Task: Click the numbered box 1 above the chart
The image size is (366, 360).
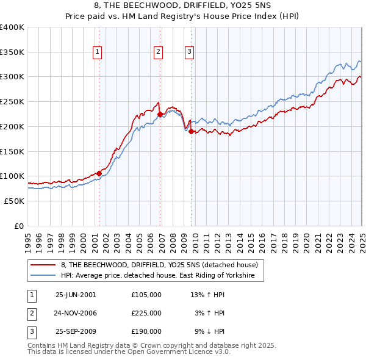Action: click(98, 52)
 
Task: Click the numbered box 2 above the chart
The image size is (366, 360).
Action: click(158, 52)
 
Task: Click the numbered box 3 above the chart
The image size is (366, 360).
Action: click(190, 52)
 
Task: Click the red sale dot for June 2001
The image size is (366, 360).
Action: click(99, 173)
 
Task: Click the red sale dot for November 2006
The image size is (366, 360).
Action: click(160, 113)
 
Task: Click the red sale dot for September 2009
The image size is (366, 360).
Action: click(191, 131)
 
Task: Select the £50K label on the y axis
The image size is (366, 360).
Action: click(14, 201)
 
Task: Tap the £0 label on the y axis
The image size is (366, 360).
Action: click(19, 226)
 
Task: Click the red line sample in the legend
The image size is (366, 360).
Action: click(43, 265)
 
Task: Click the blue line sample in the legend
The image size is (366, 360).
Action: click(43, 275)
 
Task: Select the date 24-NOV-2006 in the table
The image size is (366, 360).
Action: click(76, 313)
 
